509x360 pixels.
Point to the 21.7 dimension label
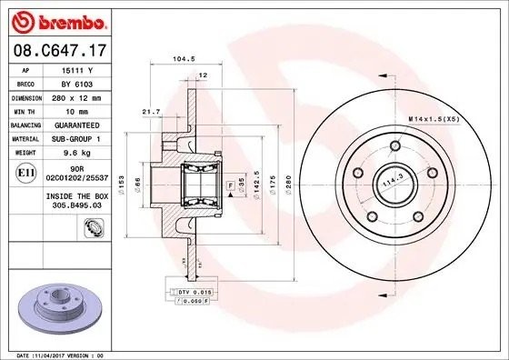151,111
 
